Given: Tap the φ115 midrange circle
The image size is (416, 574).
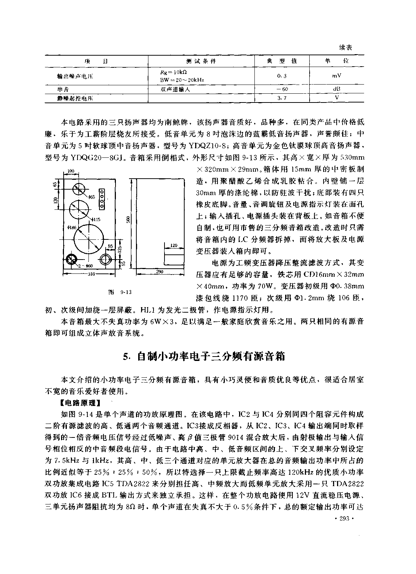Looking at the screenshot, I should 79,209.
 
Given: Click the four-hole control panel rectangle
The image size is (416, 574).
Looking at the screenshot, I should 103,200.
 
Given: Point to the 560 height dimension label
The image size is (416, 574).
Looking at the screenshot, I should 128,220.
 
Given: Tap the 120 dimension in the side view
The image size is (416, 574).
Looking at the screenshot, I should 174,245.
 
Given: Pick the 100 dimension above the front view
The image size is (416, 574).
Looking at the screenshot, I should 71,171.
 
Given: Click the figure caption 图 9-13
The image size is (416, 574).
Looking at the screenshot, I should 120,292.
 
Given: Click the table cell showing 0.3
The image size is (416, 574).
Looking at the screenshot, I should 281,75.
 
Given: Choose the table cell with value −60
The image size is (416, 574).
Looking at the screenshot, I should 281,89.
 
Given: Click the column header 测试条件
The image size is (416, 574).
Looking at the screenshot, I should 201,61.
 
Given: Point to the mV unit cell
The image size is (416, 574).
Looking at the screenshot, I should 337,75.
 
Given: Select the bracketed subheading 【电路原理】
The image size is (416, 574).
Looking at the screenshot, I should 80,403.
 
